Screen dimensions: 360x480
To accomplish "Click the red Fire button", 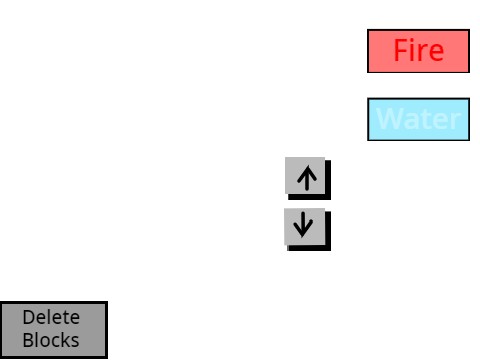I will click(x=418, y=51).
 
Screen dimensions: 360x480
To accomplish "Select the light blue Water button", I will click(x=418, y=119).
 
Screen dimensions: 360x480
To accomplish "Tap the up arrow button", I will click(x=306, y=177).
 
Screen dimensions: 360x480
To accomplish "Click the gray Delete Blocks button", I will click(x=53, y=329).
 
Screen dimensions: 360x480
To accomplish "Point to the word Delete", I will click(x=51, y=318).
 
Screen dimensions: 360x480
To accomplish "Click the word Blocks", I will click(x=51, y=340).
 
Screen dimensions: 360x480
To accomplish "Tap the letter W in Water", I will click(x=389, y=120).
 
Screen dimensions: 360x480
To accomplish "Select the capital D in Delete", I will click(x=28, y=318).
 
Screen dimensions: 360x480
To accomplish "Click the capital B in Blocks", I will click(x=28, y=340).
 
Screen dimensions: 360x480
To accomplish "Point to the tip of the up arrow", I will click(x=307, y=168).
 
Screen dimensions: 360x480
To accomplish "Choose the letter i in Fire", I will click(x=413, y=51).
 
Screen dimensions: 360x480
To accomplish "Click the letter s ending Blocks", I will click(x=75, y=341).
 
